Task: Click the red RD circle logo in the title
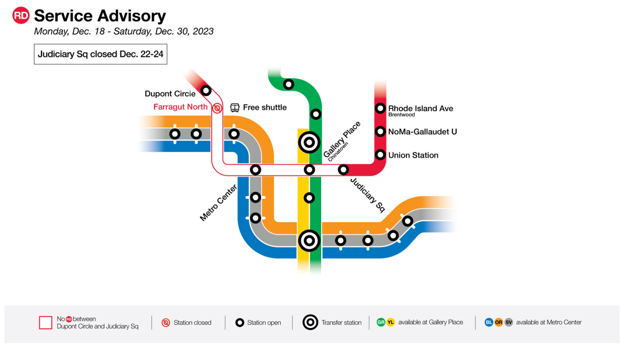[21, 16]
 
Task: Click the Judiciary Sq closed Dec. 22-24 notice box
[100, 54]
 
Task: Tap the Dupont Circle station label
[170, 94]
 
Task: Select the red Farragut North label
[180, 107]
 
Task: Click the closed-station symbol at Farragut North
[217, 108]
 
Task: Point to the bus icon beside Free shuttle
[235, 107]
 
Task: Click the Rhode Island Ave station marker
[380, 108]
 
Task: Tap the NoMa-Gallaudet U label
[422, 132]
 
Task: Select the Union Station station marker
[380, 155]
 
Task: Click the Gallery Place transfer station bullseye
[309, 143]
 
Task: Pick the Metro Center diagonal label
[218, 203]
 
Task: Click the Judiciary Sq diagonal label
[368, 195]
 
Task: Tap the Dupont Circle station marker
[206, 90]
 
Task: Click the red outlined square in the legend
[46, 323]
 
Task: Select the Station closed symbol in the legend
[166, 323]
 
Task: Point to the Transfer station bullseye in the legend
[310, 323]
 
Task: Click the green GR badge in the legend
[381, 322]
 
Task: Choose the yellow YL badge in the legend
[391, 322]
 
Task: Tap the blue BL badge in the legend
[489, 322]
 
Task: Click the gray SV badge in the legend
[509, 322]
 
